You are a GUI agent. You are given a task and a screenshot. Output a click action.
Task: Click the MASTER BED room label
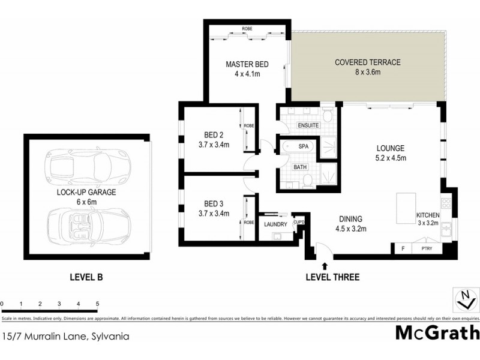(247, 64)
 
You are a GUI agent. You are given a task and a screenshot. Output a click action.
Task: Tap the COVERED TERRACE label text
(368, 62)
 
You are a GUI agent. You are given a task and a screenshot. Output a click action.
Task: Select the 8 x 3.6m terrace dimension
(368, 72)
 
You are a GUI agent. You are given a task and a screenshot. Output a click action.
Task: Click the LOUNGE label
(391, 148)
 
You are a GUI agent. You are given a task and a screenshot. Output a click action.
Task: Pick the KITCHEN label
(428, 215)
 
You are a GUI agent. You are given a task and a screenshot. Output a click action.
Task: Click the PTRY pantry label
(427, 247)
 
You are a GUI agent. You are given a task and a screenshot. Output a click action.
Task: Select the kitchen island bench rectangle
(405, 208)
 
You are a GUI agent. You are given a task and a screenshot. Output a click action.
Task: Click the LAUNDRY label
(275, 224)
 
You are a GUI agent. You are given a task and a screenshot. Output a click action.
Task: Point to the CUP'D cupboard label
(299, 222)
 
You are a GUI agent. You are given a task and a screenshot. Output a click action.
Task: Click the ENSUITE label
(308, 125)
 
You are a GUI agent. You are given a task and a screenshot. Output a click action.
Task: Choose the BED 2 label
(213, 135)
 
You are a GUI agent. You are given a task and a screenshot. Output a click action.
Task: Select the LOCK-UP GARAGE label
(86, 193)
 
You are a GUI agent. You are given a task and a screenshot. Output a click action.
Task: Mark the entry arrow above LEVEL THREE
(325, 265)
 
